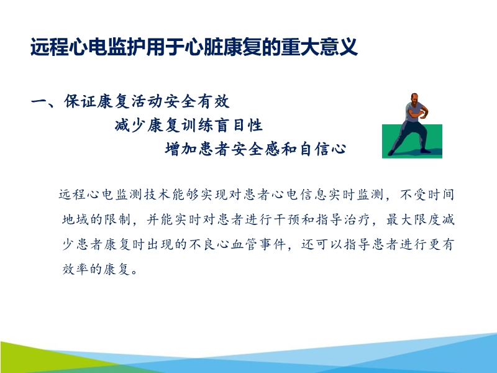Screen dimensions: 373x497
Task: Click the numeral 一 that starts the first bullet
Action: (39, 101)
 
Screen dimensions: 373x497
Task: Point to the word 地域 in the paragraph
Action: (76, 220)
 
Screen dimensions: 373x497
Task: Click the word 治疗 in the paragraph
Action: (360, 220)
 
